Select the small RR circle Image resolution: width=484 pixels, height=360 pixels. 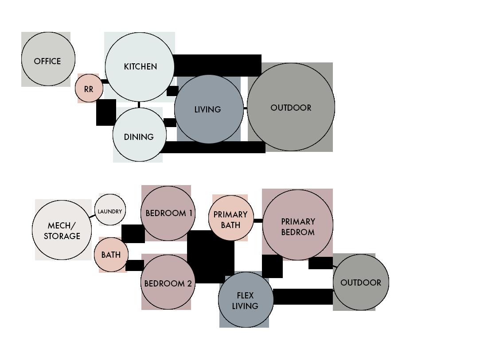tap(89, 89)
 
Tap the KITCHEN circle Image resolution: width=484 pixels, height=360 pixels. tap(140, 67)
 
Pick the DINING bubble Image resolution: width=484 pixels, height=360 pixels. tap(139, 136)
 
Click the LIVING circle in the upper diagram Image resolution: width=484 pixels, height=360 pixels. tap(208, 109)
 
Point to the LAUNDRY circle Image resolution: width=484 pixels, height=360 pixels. tap(109, 211)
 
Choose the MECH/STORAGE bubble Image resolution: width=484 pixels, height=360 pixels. tap(62, 230)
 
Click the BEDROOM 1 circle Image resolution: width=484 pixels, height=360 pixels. tap(168, 213)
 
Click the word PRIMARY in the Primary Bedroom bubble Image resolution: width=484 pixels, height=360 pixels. tap(298, 221)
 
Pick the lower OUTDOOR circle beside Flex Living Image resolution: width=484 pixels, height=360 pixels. tap(361, 283)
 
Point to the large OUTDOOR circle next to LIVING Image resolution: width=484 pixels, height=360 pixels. tap(291, 107)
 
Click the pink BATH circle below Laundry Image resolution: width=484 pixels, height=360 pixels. tap(111, 255)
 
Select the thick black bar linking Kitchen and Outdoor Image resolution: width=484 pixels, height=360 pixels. tap(217, 65)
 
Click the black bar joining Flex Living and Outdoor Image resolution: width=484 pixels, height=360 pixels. tap(303, 297)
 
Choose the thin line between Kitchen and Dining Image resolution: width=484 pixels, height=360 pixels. tap(139, 105)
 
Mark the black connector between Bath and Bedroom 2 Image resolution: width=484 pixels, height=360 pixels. tap(135, 265)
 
